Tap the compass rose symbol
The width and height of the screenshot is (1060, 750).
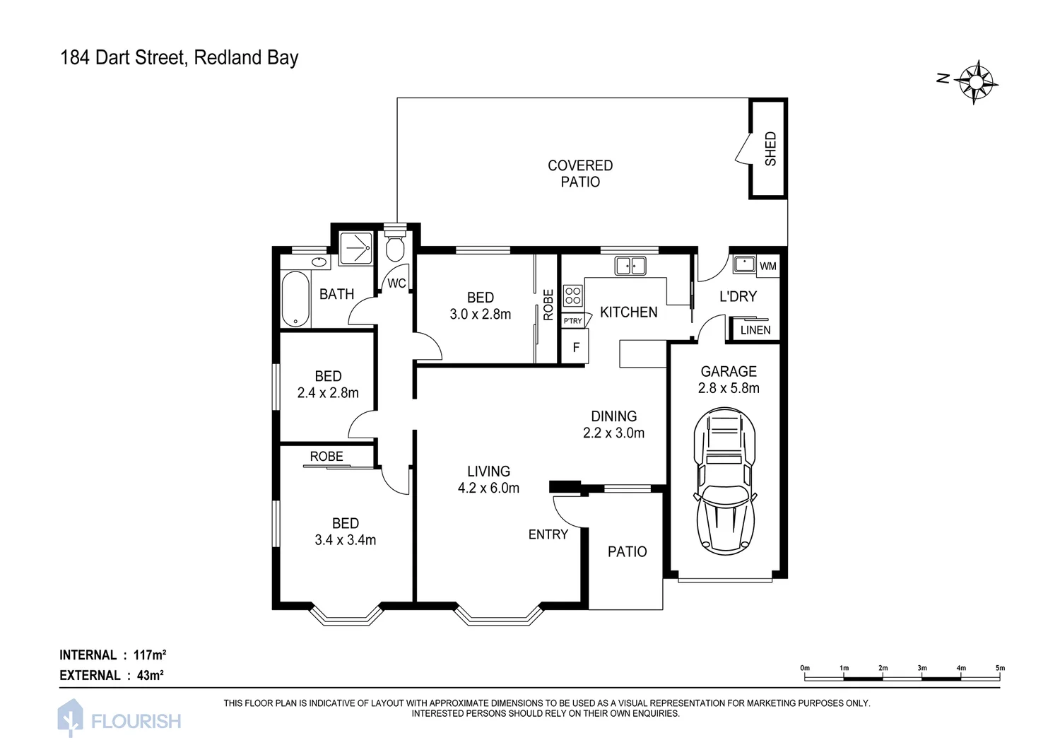[x=976, y=81]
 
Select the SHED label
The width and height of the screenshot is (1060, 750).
[x=770, y=148]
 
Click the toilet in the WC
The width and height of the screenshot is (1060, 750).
[x=396, y=247]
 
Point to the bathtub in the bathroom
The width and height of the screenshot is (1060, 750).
[x=295, y=300]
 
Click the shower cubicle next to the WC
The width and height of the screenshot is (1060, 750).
[x=355, y=247]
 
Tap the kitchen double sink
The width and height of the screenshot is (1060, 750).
[x=630, y=266]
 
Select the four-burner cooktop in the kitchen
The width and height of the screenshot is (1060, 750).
[x=572, y=295]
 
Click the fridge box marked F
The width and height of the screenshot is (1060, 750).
[x=576, y=348]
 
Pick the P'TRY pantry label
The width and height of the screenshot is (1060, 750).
[x=572, y=321]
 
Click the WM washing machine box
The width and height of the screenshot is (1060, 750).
[x=768, y=266]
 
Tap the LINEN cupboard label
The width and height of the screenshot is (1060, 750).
[x=755, y=330]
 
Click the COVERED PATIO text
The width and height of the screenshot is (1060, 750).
[x=580, y=174]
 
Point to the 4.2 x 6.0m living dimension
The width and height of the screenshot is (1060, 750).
[x=488, y=488]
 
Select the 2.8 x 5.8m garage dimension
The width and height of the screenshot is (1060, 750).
[x=729, y=388]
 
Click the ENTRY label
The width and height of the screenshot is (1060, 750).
[x=548, y=535]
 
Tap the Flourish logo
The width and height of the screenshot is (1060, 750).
[x=119, y=720]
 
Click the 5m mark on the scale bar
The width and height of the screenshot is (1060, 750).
[x=999, y=668]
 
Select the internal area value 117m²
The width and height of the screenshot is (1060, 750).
[x=150, y=655]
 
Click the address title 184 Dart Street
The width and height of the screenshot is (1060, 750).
[x=179, y=58]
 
